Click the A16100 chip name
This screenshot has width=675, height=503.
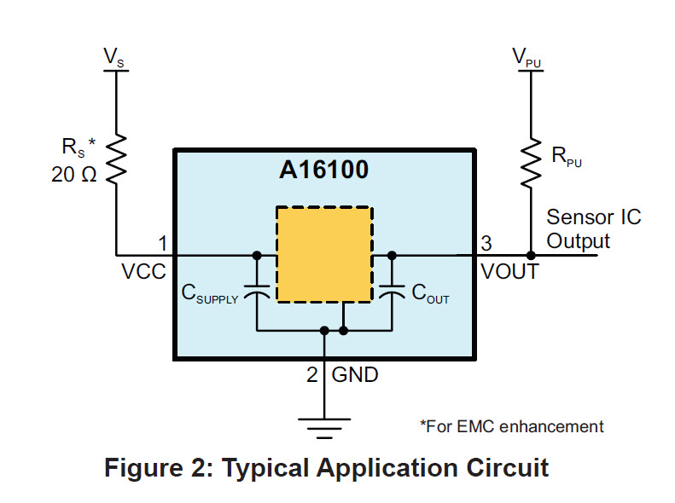[323, 170]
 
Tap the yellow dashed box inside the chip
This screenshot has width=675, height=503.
[323, 253]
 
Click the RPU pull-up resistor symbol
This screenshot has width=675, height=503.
[530, 162]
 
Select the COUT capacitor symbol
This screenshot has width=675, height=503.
[392, 292]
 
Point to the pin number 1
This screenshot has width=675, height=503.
[162, 244]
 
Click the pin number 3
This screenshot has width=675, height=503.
[486, 244]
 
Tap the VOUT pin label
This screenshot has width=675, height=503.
[509, 272]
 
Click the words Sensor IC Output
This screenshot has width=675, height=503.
[593, 228]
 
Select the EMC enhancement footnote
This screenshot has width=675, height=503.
[511, 426]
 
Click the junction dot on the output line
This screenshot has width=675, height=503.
[530, 255]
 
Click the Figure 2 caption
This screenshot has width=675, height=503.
[326, 468]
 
